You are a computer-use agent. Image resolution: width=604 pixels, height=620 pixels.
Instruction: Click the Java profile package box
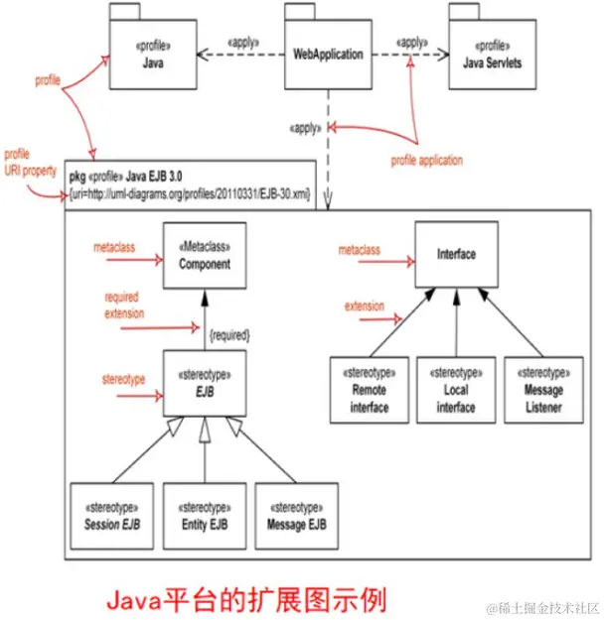148,53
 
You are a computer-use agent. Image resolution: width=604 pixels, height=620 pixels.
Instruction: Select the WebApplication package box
327,53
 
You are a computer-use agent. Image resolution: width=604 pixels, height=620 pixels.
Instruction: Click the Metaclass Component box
205,256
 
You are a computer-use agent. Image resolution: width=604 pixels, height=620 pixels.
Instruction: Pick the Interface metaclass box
455,254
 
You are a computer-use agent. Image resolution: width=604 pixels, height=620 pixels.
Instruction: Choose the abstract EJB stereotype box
205,384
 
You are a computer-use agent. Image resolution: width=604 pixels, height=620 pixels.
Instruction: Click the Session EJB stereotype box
112,516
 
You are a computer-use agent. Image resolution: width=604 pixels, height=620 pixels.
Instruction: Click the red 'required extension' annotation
124,305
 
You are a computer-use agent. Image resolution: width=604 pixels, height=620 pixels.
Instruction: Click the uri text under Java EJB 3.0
189,195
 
